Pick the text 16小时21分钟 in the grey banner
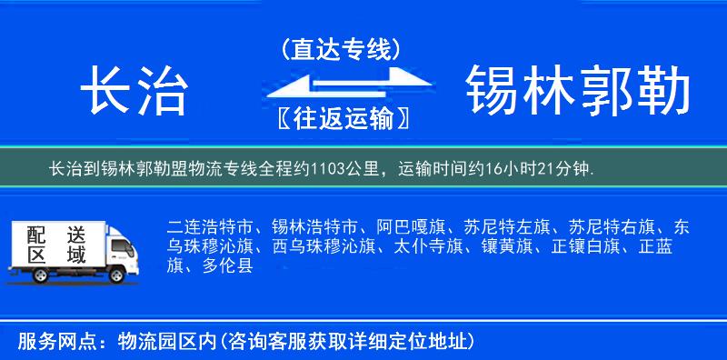tap(545, 169)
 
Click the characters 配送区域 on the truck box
tap(56, 245)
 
